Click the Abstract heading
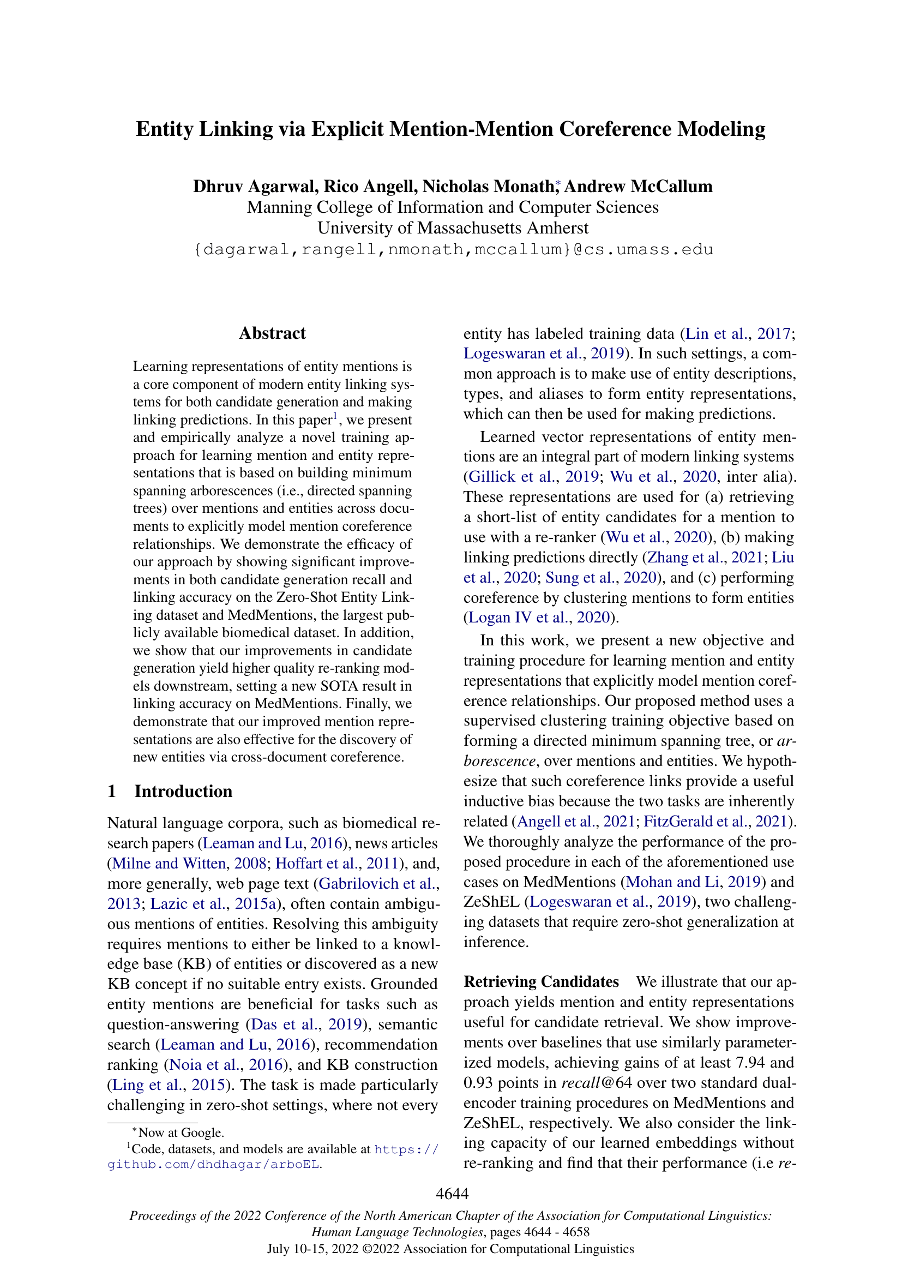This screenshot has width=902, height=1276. tap(272, 333)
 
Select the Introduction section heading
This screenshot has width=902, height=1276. tap(183, 791)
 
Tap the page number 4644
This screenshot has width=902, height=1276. tap(452, 1193)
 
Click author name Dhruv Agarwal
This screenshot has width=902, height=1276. tap(255, 186)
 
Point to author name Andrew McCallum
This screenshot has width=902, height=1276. tap(638, 186)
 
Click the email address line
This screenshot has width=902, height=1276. tap(453, 249)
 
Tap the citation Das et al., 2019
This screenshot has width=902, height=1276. tap(305, 1025)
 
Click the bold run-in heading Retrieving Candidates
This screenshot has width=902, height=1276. tap(541, 982)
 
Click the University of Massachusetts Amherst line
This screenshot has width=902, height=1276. tap(453, 228)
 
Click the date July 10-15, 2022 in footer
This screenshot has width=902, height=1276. tap(311, 1249)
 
